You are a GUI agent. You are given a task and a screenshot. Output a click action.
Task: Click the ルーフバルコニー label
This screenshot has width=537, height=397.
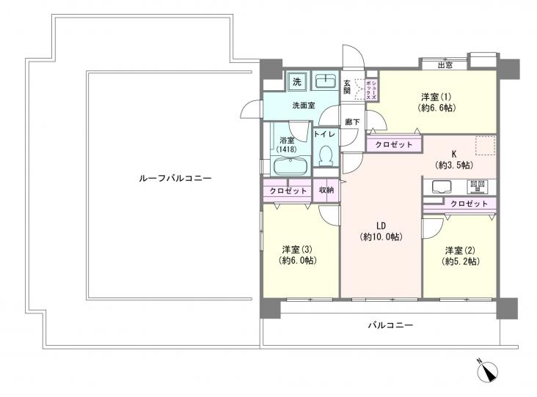(174, 178)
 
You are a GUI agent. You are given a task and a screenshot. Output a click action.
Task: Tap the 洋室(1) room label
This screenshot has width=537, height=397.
(436, 102)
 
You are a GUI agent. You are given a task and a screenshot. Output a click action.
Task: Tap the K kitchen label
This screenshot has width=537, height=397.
(454, 160)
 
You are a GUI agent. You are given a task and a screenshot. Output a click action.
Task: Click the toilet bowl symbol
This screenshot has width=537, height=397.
(326, 155)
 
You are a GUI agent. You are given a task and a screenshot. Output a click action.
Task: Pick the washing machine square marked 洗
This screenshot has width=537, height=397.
(297, 80)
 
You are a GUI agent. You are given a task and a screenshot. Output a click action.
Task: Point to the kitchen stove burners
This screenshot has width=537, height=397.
(478, 185)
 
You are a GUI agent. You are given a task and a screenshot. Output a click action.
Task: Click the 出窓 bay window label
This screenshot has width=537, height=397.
(445, 65)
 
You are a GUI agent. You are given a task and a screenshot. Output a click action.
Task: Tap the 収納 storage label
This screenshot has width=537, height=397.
(326, 190)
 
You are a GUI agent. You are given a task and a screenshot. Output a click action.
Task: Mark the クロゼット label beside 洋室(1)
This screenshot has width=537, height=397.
(393, 145)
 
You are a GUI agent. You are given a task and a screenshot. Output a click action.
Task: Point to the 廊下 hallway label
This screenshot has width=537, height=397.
(352, 122)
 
